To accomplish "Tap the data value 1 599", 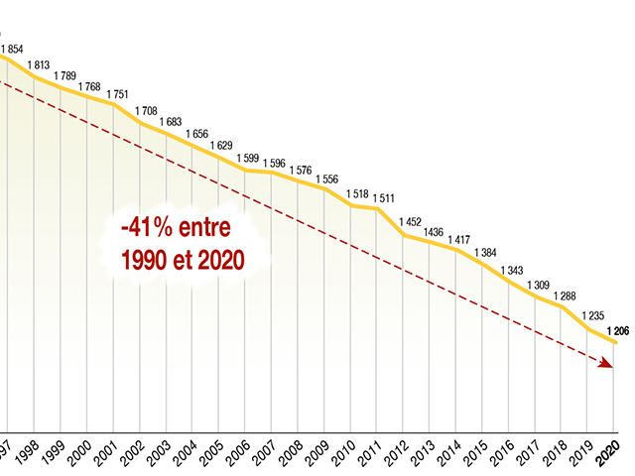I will (250, 158).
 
